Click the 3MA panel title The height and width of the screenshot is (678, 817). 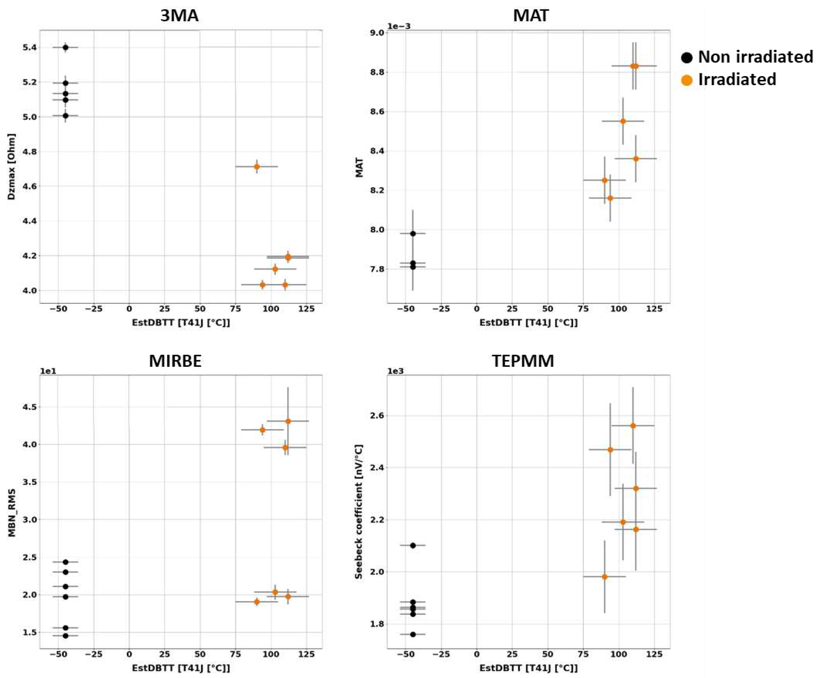(x=179, y=16)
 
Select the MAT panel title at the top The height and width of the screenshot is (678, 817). (x=531, y=16)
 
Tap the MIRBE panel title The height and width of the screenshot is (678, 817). (x=175, y=361)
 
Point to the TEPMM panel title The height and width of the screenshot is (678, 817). (x=523, y=361)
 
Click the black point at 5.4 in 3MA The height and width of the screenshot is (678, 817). (x=65, y=48)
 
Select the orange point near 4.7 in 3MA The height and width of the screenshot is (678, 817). (x=257, y=167)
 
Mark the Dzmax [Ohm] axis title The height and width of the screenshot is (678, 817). (x=12, y=167)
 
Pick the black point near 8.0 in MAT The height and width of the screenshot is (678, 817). (x=413, y=233)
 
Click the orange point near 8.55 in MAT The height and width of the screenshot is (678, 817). (x=623, y=121)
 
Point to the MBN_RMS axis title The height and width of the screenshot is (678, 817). (x=12, y=513)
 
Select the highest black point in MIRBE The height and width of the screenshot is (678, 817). (x=65, y=562)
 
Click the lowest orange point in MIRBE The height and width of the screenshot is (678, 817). (x=257, y=602)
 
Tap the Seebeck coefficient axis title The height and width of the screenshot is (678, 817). (x=359, y=511)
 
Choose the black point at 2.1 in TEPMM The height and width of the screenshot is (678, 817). (x=413, y=545)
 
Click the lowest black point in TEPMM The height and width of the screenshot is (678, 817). (x=413, y=634)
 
